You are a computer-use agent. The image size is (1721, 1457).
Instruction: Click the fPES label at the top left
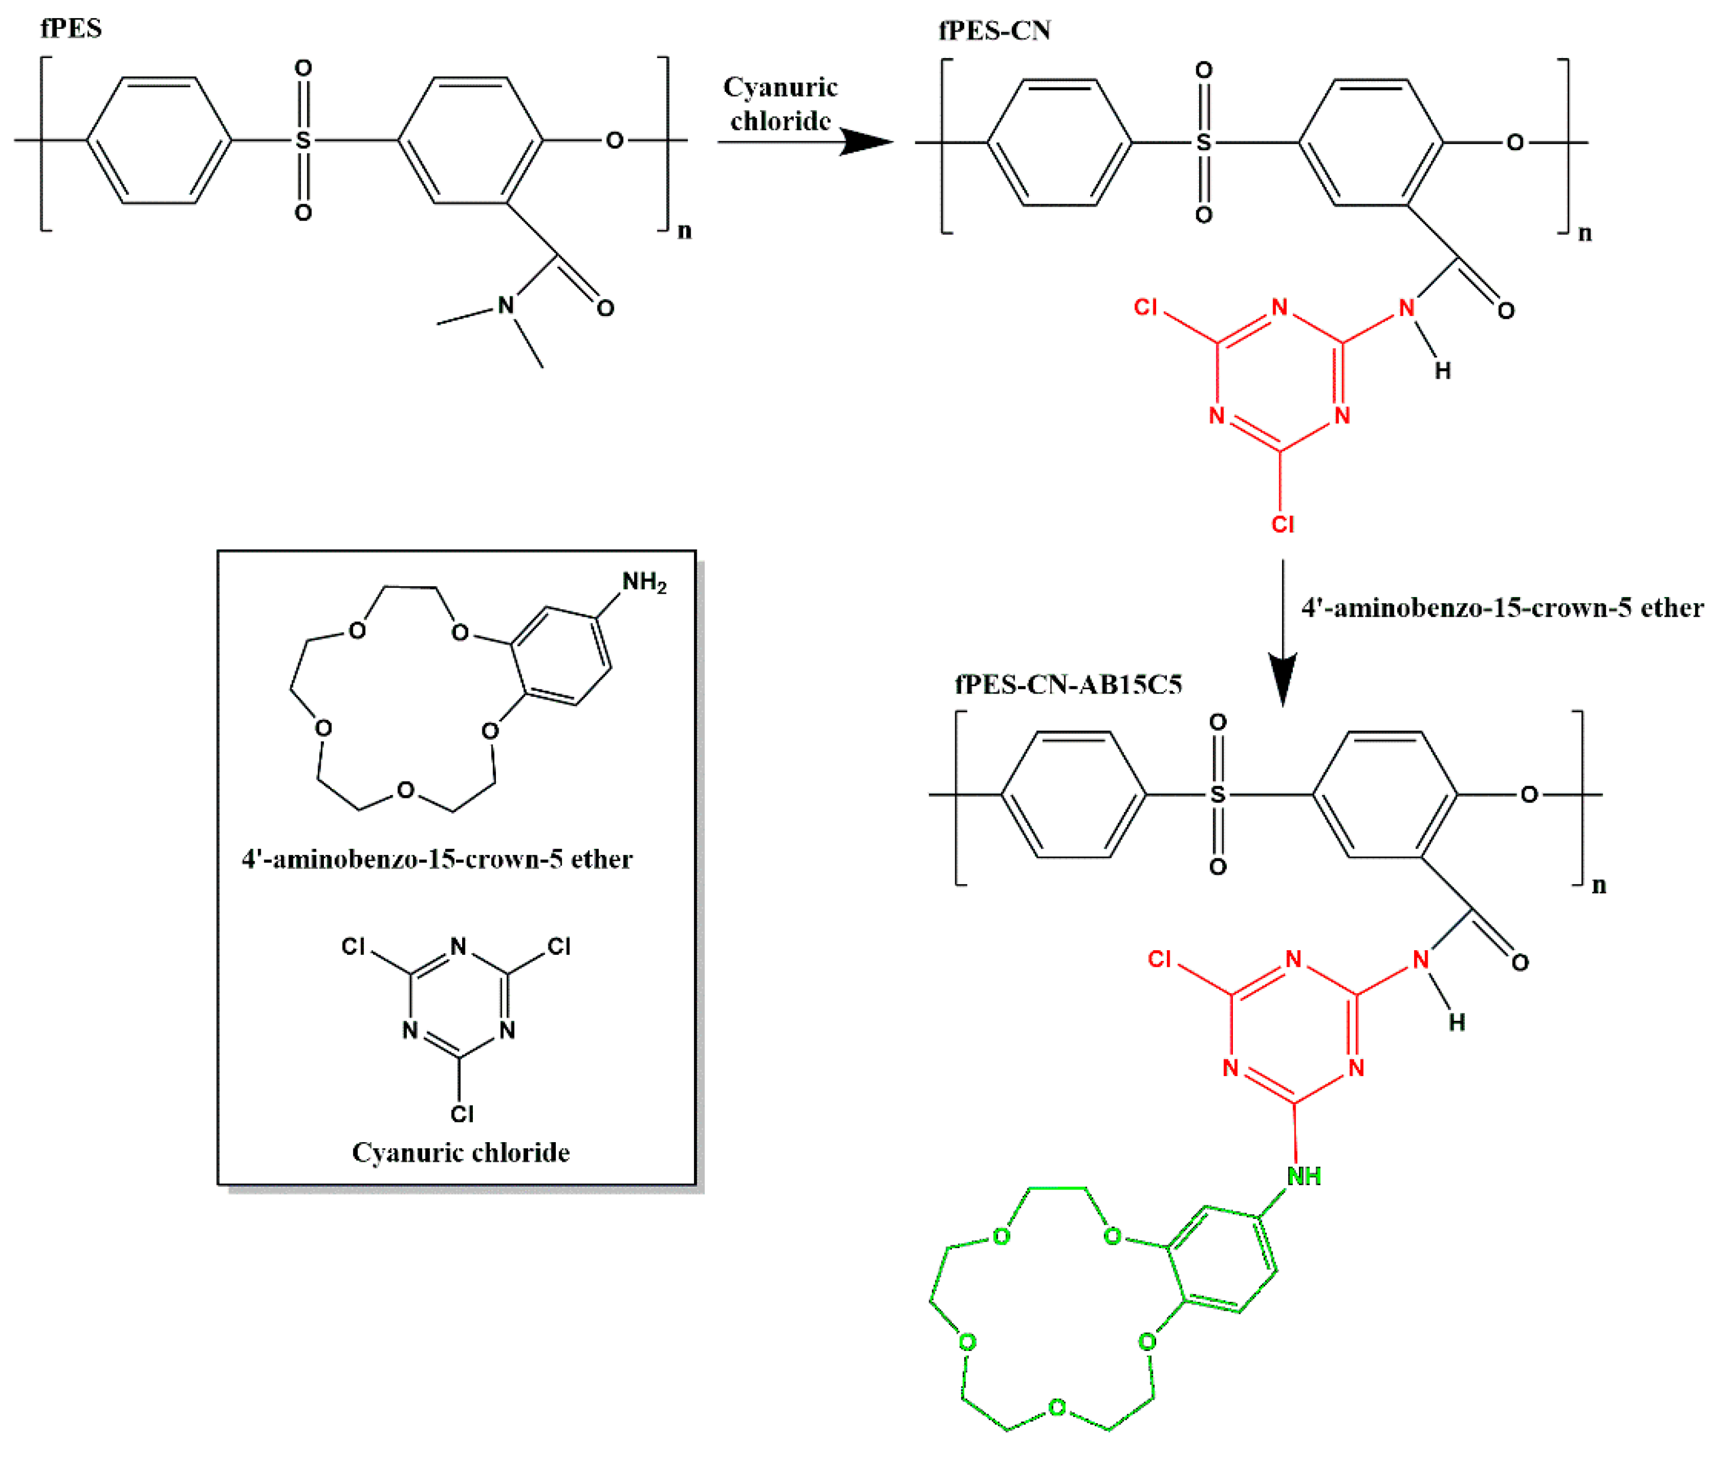pos(71,29)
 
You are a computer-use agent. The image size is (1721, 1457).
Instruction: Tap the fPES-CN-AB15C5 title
pos(1068,684)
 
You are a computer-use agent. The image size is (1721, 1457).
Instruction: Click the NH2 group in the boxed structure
pos(643,582)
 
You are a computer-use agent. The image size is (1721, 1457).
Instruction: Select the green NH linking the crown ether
pos(1304,1176)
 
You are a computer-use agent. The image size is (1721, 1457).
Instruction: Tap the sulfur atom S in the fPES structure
pos(303,141)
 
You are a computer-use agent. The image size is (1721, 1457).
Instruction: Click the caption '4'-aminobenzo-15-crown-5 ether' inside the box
pos(437,859)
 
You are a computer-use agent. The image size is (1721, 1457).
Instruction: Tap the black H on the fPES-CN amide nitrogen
pos(1442,371)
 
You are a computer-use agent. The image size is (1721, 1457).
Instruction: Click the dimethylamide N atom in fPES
pos(506,306)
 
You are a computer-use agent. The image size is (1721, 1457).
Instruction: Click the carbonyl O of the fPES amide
pos(605,309)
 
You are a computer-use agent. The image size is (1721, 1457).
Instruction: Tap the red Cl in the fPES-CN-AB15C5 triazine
pos(1160,959)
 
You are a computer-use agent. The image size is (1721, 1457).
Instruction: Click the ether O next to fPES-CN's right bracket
pos(1514,143)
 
